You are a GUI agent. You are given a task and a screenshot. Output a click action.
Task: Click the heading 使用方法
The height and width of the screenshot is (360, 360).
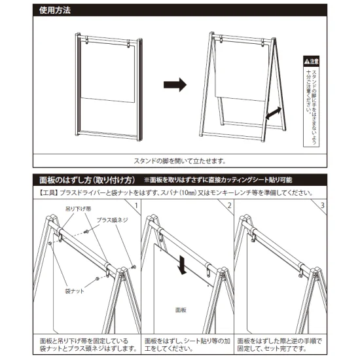click(x=56, y=10)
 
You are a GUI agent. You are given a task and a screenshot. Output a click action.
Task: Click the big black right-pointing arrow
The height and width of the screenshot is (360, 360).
click(x=174, y=84)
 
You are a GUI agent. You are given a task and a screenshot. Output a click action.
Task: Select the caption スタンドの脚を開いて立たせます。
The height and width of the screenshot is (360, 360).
click(x=180, y=161)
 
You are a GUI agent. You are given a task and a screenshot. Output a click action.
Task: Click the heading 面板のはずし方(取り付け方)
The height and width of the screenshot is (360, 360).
click(x=86, y=179)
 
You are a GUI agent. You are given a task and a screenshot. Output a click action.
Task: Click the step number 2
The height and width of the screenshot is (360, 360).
click(x=229, y=207)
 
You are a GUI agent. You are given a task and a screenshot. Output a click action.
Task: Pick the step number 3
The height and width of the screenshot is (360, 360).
click(x=323, y=207)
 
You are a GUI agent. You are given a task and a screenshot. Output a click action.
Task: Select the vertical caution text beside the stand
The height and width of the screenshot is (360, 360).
click(x=312, y=105)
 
